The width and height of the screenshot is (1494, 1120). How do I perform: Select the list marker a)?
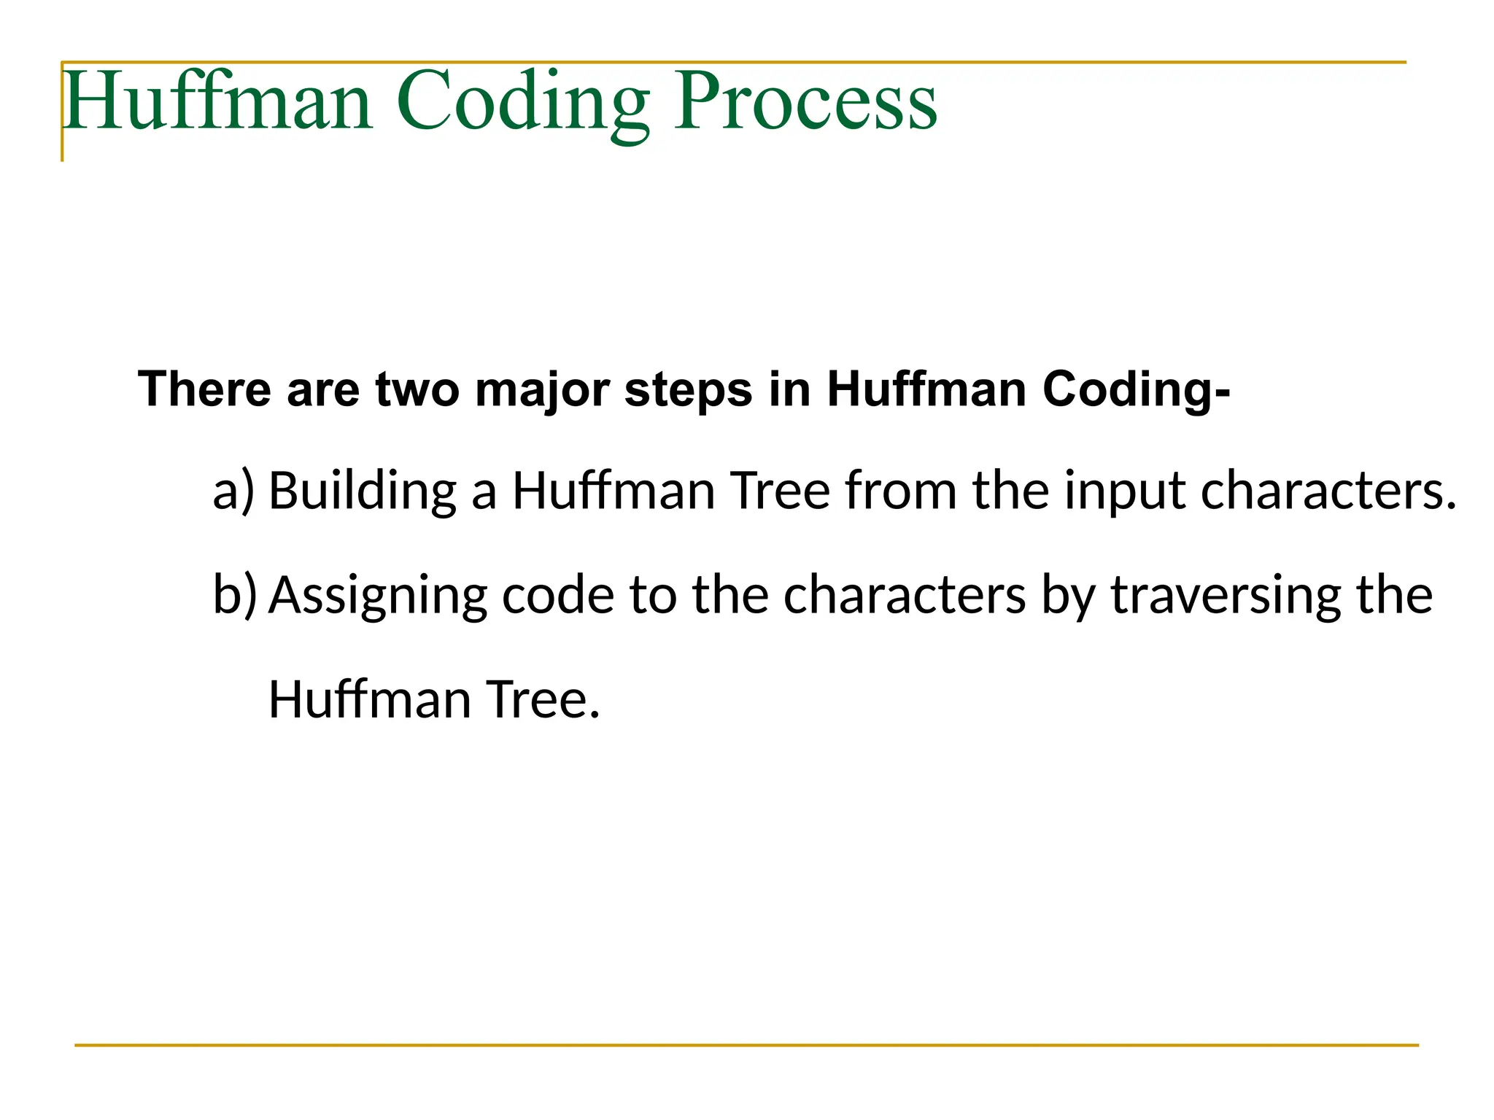click(234, 491)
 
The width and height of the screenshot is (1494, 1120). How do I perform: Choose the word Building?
click(363, 491)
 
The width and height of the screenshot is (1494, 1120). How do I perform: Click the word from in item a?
click(901, 490)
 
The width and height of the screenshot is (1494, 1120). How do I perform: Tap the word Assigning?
click(378, 596)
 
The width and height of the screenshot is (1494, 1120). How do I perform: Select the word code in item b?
click(558, 595)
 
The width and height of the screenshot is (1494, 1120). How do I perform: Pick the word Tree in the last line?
click(543, 699)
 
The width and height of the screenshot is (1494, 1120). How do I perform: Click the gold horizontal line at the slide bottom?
click(746, 1045)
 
